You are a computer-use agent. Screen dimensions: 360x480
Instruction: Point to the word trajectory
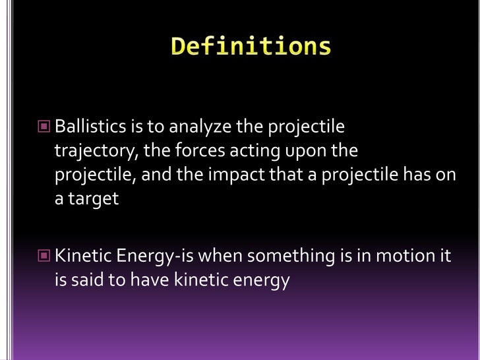[95, 151]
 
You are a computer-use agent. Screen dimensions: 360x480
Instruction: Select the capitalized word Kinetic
[80, 255]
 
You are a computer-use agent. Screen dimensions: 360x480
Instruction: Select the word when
[220, 255]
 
